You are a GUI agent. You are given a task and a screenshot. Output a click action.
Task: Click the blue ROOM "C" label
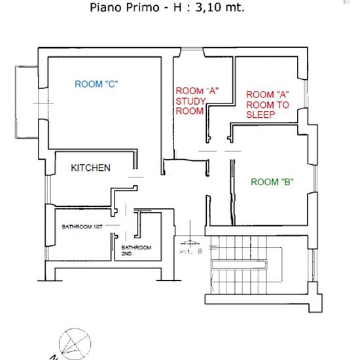96,84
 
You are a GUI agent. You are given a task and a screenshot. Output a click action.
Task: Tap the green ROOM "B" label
272,182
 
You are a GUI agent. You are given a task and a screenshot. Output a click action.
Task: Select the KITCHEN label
90,168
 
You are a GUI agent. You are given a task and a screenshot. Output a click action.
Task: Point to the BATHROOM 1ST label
82,227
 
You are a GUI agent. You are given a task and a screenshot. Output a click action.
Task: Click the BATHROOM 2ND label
136,251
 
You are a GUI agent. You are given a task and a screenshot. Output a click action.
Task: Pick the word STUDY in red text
190,101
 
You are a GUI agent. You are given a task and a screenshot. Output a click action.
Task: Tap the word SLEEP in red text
261,115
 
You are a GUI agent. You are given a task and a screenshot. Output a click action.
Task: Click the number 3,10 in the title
209,7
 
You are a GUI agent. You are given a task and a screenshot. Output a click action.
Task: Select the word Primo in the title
143,7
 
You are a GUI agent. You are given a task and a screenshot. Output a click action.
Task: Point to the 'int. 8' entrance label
190,251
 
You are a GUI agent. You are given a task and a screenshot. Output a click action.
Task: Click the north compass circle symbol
75,344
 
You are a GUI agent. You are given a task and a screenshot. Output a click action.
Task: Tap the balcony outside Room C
27,102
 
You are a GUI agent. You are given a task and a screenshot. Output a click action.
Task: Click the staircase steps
239,264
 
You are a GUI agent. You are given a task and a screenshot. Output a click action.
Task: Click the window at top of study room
192,49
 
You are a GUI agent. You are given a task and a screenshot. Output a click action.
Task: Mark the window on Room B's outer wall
315,179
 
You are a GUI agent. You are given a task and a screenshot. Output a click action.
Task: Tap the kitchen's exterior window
48,190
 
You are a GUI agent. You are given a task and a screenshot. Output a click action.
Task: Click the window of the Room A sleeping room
306,94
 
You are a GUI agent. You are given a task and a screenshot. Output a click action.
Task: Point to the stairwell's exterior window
313,265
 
